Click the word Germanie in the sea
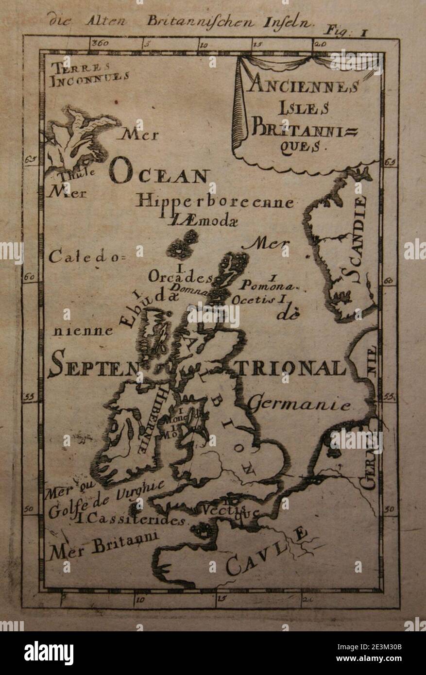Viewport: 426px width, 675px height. tap(299, 404)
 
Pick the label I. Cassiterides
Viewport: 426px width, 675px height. tap(131, 520)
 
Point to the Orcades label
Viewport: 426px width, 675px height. tap(180, 277)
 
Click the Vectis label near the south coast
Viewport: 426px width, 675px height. tap(224, 510)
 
